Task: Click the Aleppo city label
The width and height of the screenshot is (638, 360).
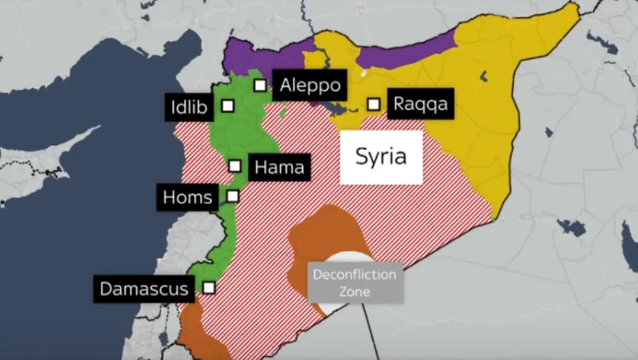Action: click(310, 85)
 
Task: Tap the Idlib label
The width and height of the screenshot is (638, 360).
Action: click(189, 107)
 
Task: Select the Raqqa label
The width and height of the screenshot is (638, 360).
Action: click(421, 103)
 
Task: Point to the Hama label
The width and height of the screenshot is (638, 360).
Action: click(279, 167)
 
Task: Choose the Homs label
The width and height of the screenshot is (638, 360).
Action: click(187, 197)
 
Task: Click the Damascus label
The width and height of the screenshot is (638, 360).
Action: click(144, 289)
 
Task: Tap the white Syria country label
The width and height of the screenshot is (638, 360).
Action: click(381, 157)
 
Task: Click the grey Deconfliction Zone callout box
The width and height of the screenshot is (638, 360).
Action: click(356, 283)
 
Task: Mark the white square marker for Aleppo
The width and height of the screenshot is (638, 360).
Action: click(260, 86)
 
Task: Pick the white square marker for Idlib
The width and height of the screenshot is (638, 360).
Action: click(227, 106)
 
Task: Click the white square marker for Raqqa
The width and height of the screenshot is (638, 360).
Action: click(374, 104)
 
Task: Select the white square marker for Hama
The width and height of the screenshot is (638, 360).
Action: click(235, 166)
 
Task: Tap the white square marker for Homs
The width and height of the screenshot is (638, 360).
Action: click(232, 196)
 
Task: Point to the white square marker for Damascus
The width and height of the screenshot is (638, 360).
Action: click(209, 287)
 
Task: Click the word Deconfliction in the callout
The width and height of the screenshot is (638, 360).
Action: click(354, 275)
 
